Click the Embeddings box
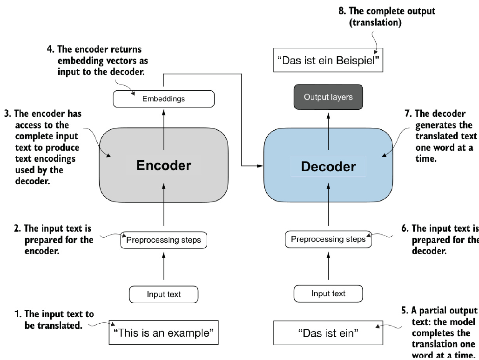click(x=163, y=99)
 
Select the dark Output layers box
click(x=328, y=97)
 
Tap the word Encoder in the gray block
click(x=163, y=166)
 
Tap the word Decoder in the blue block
click(x=328, y=167)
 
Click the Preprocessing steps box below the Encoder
click(x=163, y=240)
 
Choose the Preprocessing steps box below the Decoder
click(x=328, y=240)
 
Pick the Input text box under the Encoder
click(x=163, y=294)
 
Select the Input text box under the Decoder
click(x=328, y=293)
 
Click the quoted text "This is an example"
click(x=163, y=333)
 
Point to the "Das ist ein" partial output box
click(x=328, y=333)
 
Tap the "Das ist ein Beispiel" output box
click(x=328, y=61)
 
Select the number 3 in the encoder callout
click(x=16, y=113)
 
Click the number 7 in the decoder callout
click(x=405, y=114)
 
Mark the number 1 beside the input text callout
click(x=16, y=314)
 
